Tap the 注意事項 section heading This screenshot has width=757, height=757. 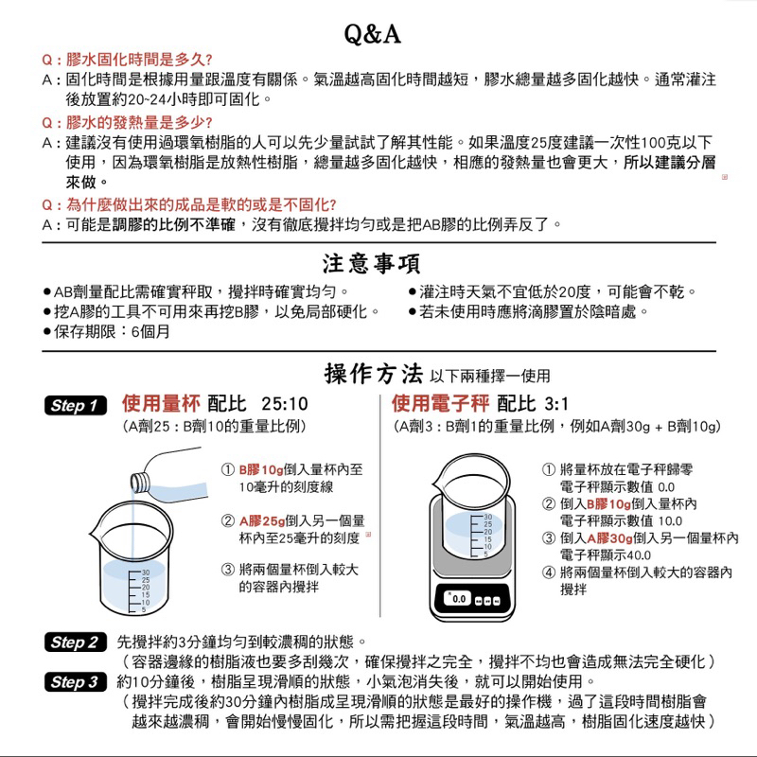pyautogui.click(x=373, y=262)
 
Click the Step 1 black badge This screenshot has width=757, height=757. pyautogui.click(x=79, y=406)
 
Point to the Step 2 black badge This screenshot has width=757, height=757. pyautogui.click(x=79, y=643)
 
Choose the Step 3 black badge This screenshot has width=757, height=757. pyautogui.click(x=79, y=683)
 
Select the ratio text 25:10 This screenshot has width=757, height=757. pyautogui.click(x=284, y=405)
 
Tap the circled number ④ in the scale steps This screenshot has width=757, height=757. pyautogui.click(x=548, y=572)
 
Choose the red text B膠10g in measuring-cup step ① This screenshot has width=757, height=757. pyautogui.click(x=260, y=469)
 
